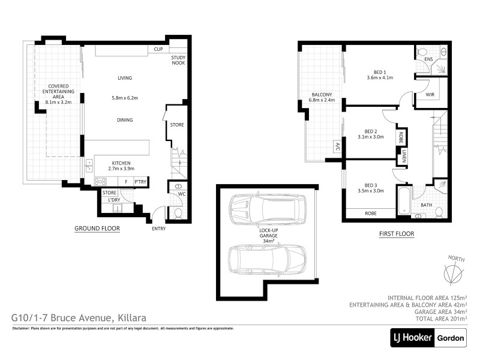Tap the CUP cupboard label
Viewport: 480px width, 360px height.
coord(158,49)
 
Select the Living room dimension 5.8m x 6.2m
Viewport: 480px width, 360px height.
coord(125,98)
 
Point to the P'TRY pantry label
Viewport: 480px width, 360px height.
coord(140,182)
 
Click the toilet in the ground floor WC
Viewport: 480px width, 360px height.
coord(177,212)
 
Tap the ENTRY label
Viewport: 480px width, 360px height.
coord(158,229)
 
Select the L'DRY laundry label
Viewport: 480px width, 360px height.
coord(115,200)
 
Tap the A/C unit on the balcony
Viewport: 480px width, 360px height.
coord(337,146)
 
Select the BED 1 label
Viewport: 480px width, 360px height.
coord(379,70)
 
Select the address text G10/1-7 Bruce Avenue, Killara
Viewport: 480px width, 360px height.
coord(79,317)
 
